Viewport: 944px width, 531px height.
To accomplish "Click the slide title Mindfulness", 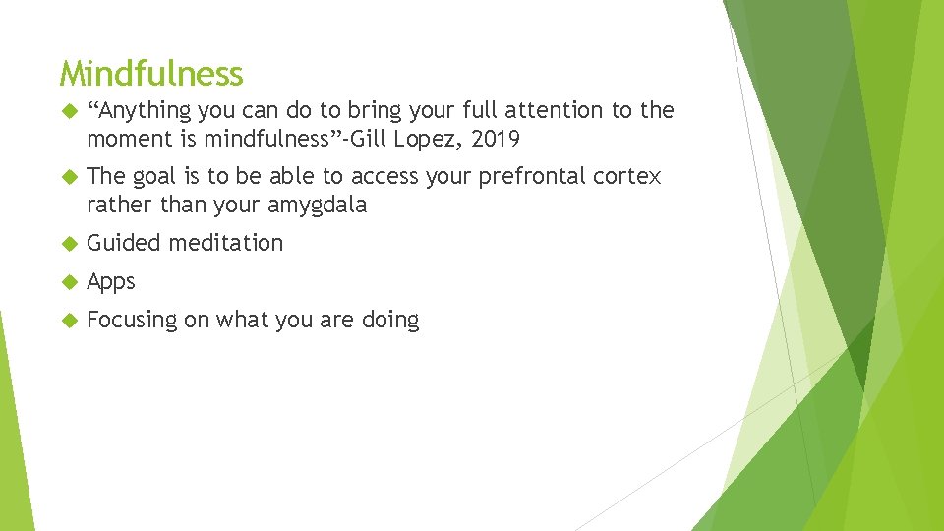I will (x=150, y=73).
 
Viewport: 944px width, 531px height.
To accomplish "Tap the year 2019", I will (x=496, y=139).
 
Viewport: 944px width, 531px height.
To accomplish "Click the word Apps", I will (x=111, y=282).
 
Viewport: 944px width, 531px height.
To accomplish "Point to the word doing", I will (x=390, y=321).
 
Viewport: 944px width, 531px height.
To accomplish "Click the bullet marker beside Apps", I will (x=68, y=282).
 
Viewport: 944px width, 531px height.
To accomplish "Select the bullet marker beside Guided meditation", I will (x=68, y=243).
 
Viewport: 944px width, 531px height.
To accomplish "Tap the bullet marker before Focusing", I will (x=68, y=321).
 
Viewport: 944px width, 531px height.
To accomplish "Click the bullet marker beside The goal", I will (x=68, y=177).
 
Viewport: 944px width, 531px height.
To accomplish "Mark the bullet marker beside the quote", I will (x=68, y=111).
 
